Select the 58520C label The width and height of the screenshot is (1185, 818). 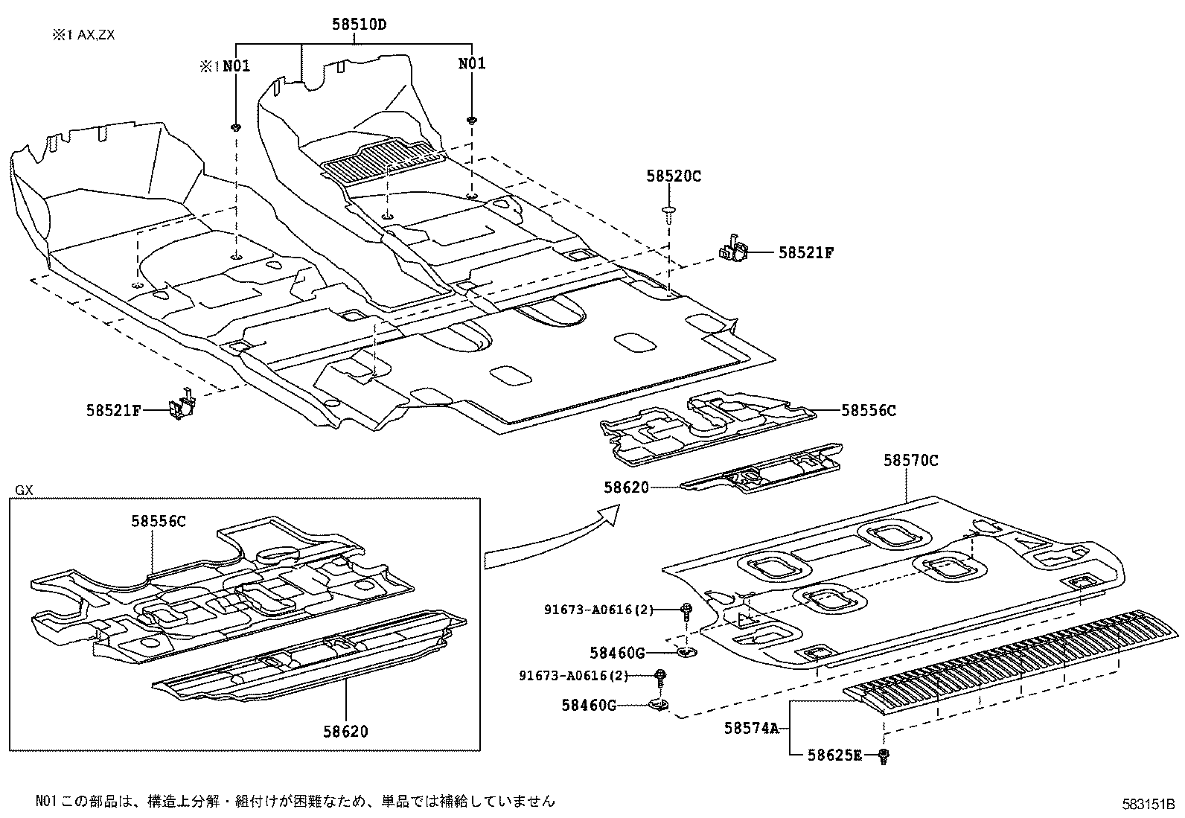pyautogui.click(x=673, y=176)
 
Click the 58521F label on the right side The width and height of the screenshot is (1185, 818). pyautogui.click(x=806, y=253)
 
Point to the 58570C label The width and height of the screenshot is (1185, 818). pyautogui.click(x=910, y=461)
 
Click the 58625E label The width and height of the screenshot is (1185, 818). pyautogui.click(x=834, y=756)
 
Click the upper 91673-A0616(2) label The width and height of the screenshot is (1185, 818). pyautogui.click(x=598, y=610)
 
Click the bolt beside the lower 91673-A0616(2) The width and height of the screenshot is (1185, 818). pyautogui.click(x=660, y=677)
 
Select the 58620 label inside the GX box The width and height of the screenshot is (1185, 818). pyautogui.click(x=345, y=731)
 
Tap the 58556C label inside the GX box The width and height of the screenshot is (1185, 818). pyautogui.click(x=159, y=522)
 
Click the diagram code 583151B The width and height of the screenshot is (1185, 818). pyautogui.click(x=1148, y=804)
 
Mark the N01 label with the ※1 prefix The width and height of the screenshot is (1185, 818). pyautogui.click(x=225, y=66)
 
